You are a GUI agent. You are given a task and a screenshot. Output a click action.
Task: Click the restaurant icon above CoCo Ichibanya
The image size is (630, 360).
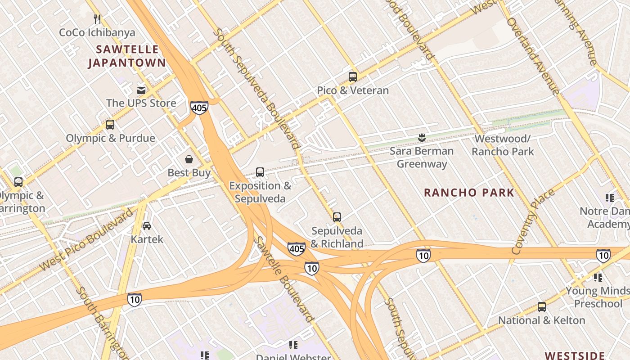click(x=97, y=19)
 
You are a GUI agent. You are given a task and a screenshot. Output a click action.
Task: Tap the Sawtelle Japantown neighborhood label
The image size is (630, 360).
click(x=127, y=56)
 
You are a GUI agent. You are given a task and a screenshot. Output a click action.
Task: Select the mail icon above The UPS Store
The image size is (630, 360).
click(x=141, y=90)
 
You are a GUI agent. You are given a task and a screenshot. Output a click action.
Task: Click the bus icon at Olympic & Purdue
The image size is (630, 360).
click(x=110, y=125)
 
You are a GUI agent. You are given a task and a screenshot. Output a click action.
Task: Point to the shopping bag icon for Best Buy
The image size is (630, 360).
click(x=189, y=159)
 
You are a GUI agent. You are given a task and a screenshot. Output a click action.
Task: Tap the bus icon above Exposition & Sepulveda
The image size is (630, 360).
click(x=260, y=172)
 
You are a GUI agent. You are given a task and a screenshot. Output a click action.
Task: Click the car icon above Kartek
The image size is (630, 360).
click(x=147, y=225)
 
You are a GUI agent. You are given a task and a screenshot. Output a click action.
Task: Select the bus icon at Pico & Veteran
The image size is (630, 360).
click(x=352, y=77)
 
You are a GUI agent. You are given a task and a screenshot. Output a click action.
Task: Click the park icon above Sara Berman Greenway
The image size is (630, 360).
click(x=422, y=137)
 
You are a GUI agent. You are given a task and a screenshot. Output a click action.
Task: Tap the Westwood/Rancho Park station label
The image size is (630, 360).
click(x=503, y=145)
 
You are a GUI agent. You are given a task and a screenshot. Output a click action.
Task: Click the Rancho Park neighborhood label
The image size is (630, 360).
click(x=469, y=193)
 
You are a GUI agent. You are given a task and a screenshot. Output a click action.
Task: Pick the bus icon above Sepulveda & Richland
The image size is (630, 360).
click(x=337, y=217)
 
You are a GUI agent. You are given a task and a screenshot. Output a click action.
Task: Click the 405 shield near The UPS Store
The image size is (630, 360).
click(x=199, y=107)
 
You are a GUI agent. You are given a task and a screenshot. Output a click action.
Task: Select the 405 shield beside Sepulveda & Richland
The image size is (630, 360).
click(x=297, y=248)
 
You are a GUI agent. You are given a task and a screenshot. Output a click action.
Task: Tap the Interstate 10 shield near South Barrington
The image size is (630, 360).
click(x=134, y=299)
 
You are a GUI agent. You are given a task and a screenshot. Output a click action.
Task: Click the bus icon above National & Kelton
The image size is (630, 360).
click(x=541, y=307)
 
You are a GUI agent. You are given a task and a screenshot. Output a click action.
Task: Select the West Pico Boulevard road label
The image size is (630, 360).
click(x=85, y=239)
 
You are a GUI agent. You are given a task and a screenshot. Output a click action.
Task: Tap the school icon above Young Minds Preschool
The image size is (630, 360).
click(x=598, y=277)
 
